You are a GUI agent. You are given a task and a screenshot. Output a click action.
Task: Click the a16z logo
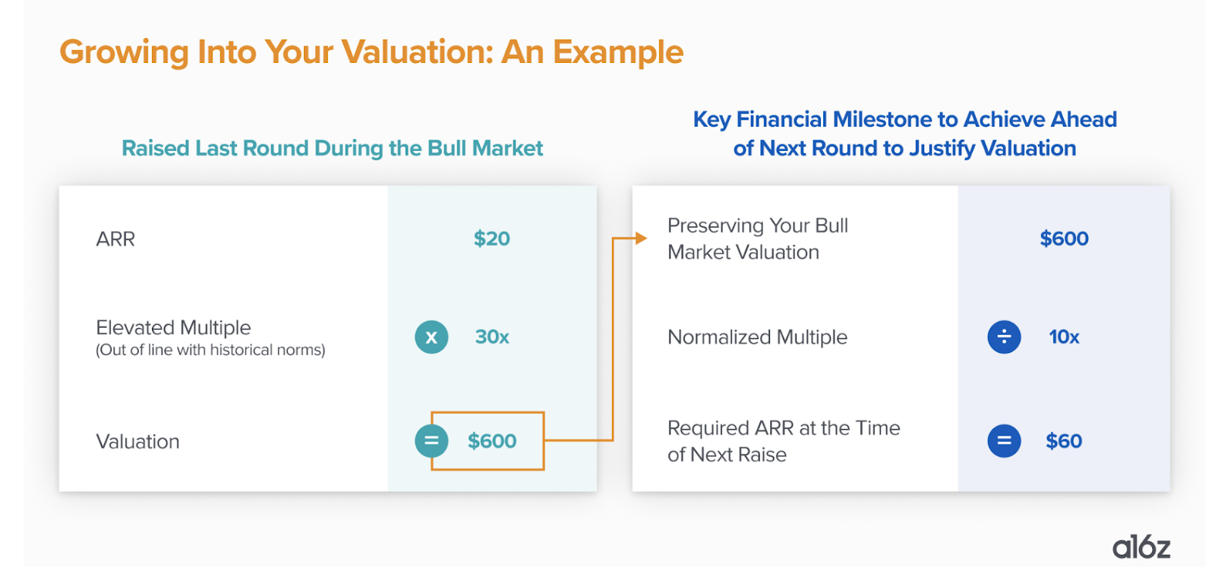(1141, 547)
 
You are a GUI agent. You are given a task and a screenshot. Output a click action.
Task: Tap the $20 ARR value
(491, 238)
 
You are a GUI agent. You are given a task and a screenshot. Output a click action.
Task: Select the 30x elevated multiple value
(492, 337)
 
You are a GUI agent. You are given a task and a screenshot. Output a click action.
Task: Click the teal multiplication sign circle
(432, 337)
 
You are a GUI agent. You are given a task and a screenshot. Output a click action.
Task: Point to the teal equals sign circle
(432, 441)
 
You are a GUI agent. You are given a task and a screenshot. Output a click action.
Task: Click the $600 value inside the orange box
(492, 441)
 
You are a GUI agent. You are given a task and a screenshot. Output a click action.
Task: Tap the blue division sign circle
(1004, 336)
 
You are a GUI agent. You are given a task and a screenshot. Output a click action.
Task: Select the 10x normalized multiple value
(1064, 337)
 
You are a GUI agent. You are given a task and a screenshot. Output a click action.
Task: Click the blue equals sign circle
(1004, 441)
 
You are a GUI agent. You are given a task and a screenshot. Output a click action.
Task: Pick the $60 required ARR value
(1064, 441)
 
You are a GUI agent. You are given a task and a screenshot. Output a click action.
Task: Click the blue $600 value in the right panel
(1064, 238)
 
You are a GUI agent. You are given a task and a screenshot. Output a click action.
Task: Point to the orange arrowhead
(641, 238)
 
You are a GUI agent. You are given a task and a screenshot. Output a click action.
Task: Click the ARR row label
(115, 239)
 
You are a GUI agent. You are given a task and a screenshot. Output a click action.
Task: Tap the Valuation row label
(137, 442)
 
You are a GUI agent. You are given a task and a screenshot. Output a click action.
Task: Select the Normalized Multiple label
(757, 337)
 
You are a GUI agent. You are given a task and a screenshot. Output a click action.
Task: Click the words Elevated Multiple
(174, 327)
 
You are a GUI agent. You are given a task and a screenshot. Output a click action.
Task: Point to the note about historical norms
(210, 350)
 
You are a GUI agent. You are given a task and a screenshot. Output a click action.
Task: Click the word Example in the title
(618, 52)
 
